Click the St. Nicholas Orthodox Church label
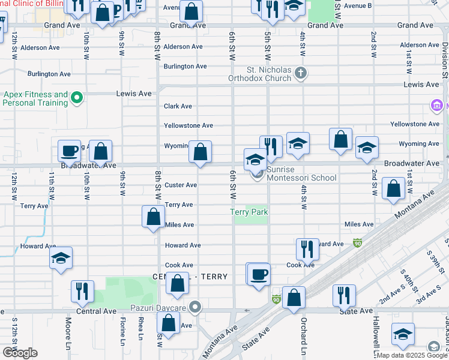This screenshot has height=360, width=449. point(260,74)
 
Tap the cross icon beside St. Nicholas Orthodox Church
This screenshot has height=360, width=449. point(301,74)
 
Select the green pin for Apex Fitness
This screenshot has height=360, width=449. point(76,97)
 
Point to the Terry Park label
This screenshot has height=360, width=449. point(250,212)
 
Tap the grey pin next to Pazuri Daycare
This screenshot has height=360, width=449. point(194,308)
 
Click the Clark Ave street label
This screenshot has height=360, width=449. point(178,106)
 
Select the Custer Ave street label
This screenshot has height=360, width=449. point(181,185)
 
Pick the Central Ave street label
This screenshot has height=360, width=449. point(96,311)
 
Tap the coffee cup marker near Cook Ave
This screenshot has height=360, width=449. point(259,274)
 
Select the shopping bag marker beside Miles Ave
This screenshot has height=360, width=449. point(154,217)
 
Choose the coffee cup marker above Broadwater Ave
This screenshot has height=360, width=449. point(70,151)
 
